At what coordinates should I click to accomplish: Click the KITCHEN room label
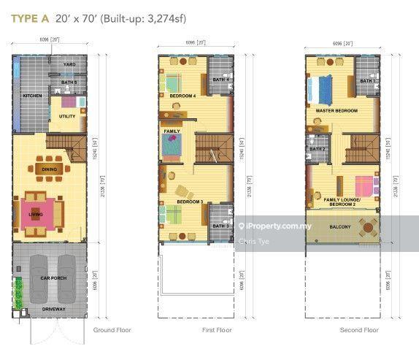click(x=31, y=96)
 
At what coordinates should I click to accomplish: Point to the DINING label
click(x=50, y=169)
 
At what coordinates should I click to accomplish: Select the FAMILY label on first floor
click(x=172, y=131)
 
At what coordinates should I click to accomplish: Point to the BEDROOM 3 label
click(x=189, y=201)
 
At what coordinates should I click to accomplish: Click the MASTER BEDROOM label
click(x=337, y=110)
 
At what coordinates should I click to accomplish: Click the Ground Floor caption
click(x=111, y=331)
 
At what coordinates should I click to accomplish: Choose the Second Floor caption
click(x=359, y=331)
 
